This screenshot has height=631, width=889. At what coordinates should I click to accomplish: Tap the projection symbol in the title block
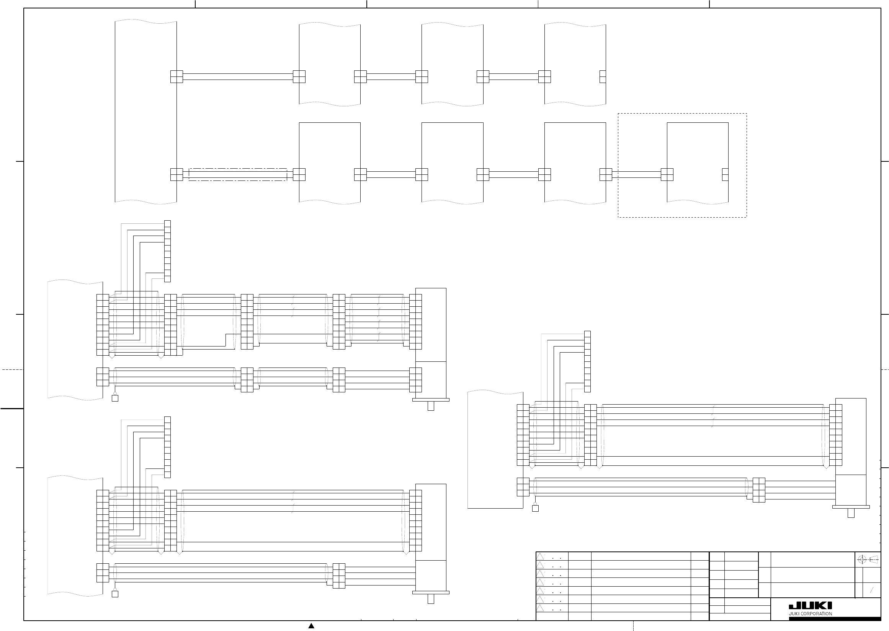point(868,560)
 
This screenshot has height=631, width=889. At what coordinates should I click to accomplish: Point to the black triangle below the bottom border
point(311,626)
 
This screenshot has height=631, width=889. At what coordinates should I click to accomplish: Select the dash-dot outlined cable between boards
point(238,174)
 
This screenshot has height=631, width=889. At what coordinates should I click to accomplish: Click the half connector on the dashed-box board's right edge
point(725,174)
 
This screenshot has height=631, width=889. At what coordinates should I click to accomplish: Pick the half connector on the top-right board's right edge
point(603,76)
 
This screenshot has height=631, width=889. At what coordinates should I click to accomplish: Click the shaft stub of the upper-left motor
point(430,406)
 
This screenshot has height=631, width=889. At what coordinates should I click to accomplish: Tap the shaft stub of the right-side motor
point(851,513)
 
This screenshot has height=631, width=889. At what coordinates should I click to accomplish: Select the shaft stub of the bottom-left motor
point(430,599)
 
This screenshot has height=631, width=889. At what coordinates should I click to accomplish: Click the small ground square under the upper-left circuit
point(115,398)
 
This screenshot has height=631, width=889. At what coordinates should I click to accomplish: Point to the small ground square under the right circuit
point(535,508)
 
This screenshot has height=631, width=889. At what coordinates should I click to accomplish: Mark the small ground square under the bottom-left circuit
point(115,594)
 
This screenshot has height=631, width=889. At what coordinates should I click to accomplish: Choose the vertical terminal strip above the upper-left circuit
point(167,251)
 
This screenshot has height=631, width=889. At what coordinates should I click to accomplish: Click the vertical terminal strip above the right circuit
point(587,361)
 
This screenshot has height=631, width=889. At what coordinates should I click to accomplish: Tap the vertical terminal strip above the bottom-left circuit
point(167,447)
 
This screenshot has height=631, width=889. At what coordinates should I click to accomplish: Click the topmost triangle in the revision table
point(540,556)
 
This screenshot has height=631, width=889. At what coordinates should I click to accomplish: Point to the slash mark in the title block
point(871,590)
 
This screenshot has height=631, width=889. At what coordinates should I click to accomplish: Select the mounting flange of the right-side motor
point(851,507)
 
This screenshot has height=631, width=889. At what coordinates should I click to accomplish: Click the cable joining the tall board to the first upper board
point(238,76)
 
